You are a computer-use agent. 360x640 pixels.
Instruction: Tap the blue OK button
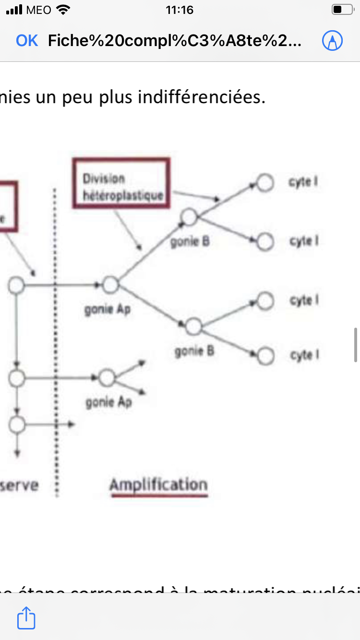click(27, 41)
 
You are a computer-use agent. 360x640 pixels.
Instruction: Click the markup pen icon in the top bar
click(332, 41)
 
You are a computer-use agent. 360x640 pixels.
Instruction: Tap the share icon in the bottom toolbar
click(26, 618)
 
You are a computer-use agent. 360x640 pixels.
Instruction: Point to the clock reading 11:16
click(180, 10)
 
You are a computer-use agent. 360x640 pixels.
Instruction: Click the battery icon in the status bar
click(342, 10)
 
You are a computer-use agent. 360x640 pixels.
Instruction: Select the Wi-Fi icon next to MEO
click(63, 10)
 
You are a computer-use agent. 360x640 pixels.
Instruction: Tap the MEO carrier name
click(39, 10)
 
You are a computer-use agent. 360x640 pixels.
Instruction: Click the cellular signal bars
click(14, 10)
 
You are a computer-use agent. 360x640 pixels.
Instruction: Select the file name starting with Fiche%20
click(175, 41)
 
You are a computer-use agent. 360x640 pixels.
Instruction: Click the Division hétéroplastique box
click(121, 183)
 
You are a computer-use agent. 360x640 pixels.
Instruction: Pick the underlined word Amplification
click(158, 485)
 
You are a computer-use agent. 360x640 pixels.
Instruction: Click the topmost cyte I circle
click(264, 182)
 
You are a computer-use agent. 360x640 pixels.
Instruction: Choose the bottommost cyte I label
click(304, 356)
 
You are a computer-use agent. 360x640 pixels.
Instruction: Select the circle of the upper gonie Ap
click(110, 285)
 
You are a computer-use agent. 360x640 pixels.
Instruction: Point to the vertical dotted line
click(55, 336)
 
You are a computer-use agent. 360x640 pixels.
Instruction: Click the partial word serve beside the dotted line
click(19, 485)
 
